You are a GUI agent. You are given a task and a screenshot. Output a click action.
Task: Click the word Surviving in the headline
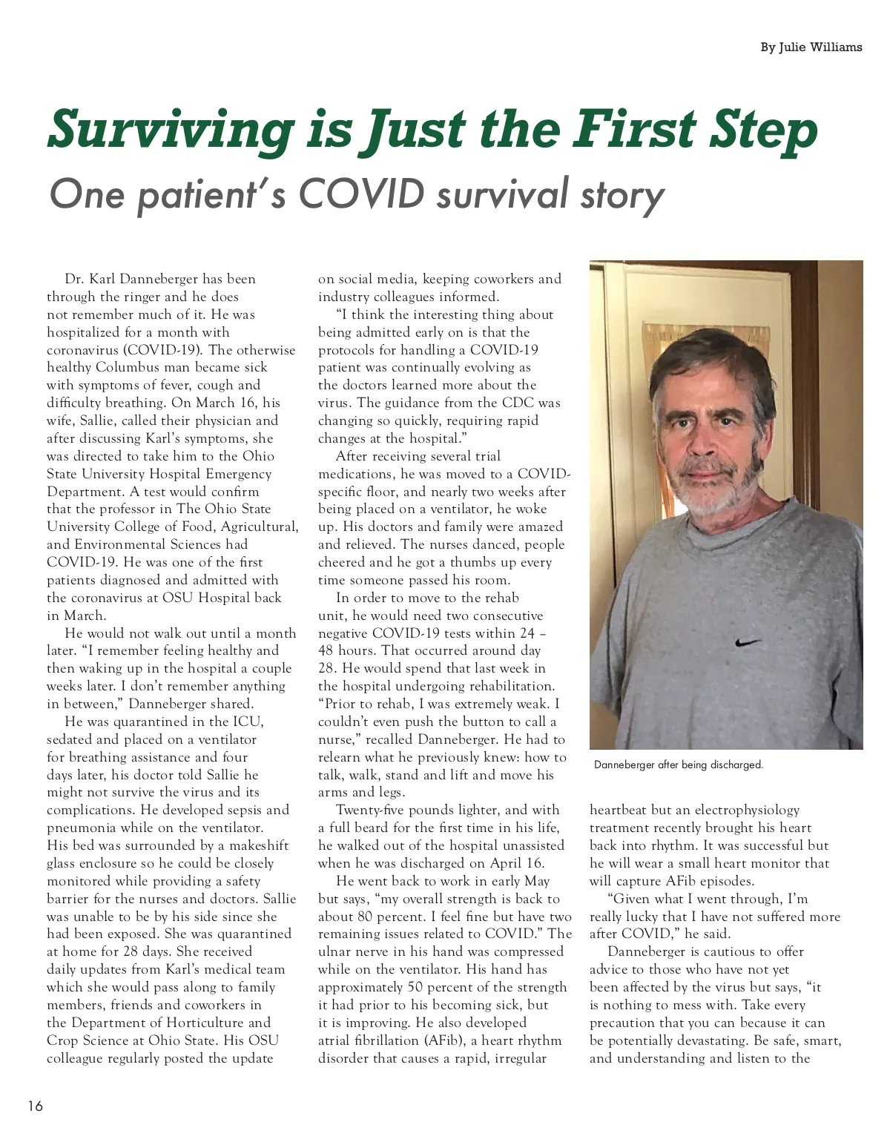pyautogui.click(x=171, y=131)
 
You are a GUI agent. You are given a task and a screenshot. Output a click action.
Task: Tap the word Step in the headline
pyautogui.click(x=764, y=131)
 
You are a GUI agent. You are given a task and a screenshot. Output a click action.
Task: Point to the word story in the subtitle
pyautogui.click(x=622, y=196)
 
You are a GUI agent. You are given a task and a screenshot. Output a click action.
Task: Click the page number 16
pyautogui.click(x=36, y=1106)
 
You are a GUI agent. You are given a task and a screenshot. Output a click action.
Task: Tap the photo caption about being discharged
pyautogui.click(x=678, y=765)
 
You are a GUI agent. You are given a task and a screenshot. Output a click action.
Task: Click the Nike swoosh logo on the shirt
pyautogui.click(x=748, y=641)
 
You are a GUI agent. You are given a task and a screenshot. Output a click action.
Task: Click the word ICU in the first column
pyautogui.click(x=249, y=722)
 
